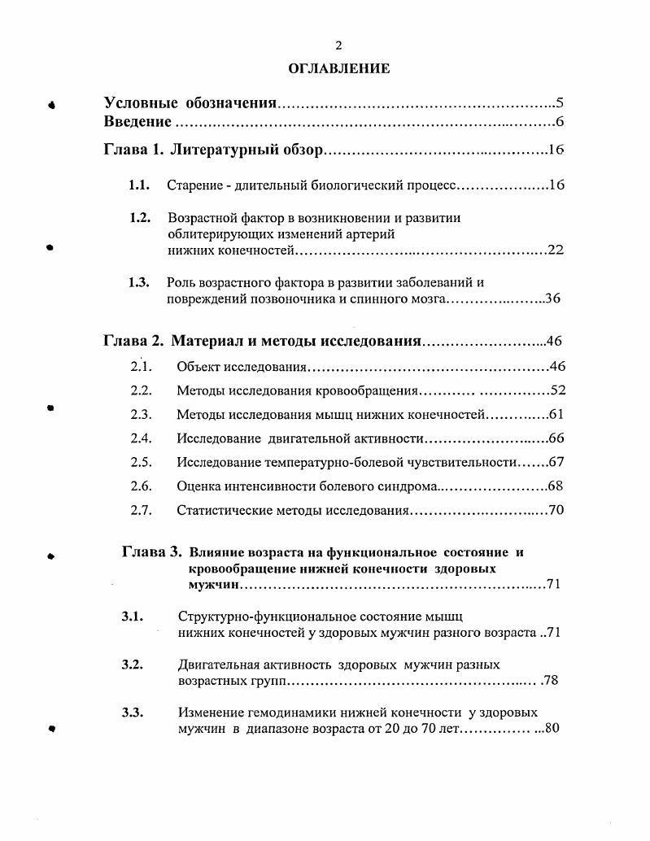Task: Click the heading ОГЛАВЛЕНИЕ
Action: tap(339, 69)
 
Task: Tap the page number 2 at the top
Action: tap(339, 46)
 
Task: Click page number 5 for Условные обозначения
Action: tap(560, 103)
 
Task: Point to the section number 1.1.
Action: tap(138, 185)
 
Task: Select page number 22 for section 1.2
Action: tap(556, 250)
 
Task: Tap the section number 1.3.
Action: tap(138, 283)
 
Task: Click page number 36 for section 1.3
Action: tap(552, 299)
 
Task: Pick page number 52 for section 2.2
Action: tap(557, 390)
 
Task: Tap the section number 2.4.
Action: tap(142, 438)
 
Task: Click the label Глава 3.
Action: tap(151, 552)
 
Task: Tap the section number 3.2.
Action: tap(133, 665)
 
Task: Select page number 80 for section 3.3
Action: tap(552, 729)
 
